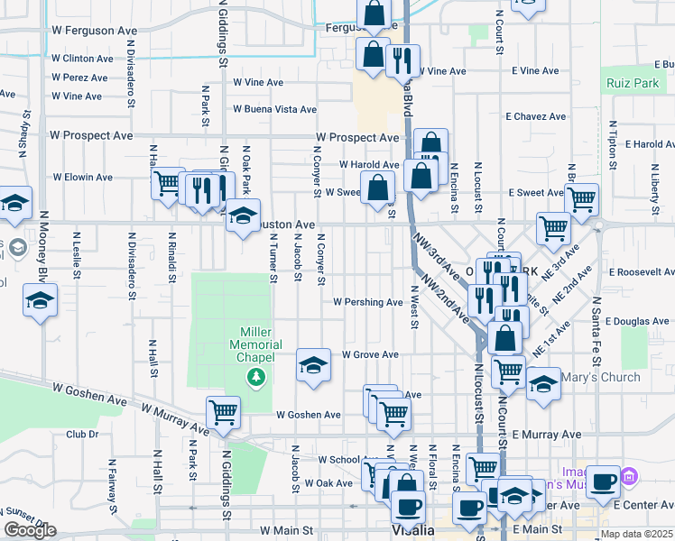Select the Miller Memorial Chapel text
(x=257, y=344)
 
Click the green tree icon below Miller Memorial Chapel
(x=257, y=376)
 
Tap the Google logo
(x=30, y=530)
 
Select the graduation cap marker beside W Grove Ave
(x=313, y=365)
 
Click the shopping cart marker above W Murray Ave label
(x=223, y=413)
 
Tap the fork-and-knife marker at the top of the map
(x=399, y=60)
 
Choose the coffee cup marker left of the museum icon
(x=603, y=481)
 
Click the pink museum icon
(x=629, y=474)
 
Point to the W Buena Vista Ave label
(x=274, y=109)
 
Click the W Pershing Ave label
(x=367, y=302)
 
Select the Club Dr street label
(x=82, y=434)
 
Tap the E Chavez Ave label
(x=535, y=116)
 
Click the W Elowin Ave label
(x=83, y=178)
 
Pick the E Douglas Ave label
(x=637, y=321)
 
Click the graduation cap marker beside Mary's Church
(x=543, y=384)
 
